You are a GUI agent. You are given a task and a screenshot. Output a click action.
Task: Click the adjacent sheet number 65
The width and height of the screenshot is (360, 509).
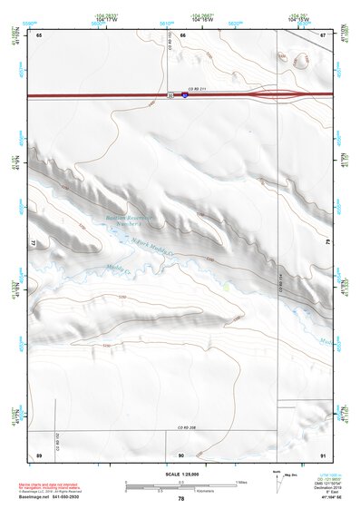[x=39, y=34]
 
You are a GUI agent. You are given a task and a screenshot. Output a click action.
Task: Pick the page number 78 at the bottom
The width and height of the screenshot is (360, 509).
[x=181, y=499]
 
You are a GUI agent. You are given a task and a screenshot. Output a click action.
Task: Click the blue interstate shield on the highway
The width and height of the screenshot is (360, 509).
[x=184, y=94]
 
